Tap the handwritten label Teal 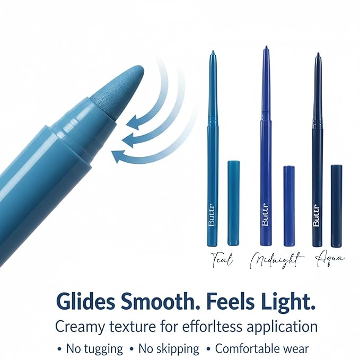coord(221,261)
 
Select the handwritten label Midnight coord(276,260)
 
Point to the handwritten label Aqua coord(329,258)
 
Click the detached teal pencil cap coord(233,203)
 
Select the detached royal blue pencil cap coord(289,206)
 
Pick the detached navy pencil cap coord(336,206)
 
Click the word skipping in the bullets coord(178,349)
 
